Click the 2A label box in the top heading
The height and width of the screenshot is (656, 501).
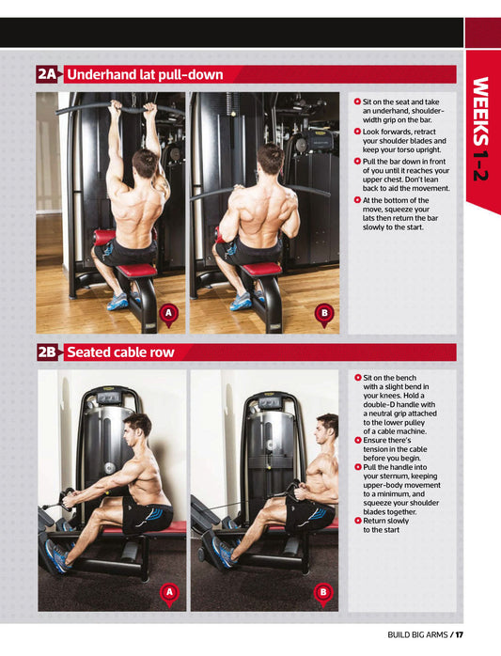coord(46,74)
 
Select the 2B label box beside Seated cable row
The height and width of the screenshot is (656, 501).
coord(47,352)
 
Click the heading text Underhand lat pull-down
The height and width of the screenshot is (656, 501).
coord(145,75)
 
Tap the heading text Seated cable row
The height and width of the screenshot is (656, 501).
coord(120,352)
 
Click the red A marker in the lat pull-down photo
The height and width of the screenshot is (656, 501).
coord(168,315)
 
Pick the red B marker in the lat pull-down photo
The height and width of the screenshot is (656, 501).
coord(324,315)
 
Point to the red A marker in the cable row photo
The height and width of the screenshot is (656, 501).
coord(169,594)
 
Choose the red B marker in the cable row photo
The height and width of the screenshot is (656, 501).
coord(323,594)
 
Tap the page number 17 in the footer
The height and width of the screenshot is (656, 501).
coord(459,634)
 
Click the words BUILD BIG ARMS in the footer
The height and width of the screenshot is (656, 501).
coord(417,634)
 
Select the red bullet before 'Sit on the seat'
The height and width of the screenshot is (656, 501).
coord(357,102)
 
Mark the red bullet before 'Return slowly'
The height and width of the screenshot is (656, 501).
coord(357,521)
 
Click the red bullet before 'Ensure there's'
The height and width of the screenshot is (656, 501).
coord(357,440)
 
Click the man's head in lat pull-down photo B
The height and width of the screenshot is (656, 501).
coord(271,159)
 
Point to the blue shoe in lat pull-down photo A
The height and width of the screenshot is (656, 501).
coord(117,302)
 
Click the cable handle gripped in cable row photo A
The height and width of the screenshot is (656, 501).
coord(66,499)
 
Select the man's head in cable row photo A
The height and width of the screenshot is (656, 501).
coord(137,429)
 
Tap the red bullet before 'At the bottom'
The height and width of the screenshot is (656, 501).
coord(357,200)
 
